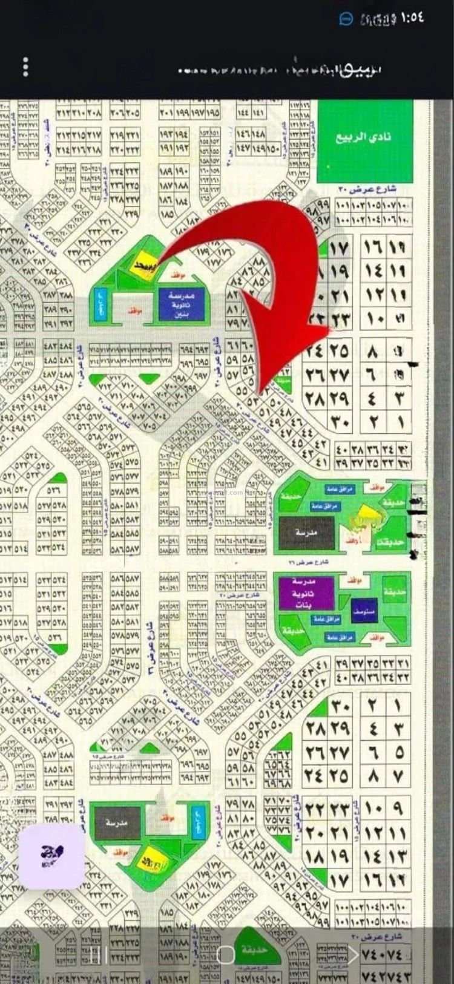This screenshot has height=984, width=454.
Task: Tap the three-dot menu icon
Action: tap(25, 67)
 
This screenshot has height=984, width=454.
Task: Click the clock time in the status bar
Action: tap(412, 17)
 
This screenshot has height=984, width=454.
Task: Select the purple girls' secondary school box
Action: tap(306, 593)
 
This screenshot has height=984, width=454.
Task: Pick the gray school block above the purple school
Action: tap(306, 533)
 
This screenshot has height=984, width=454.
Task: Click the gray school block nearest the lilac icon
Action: tap(118, 822)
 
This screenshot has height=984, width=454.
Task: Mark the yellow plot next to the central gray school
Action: tap(366, 518)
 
